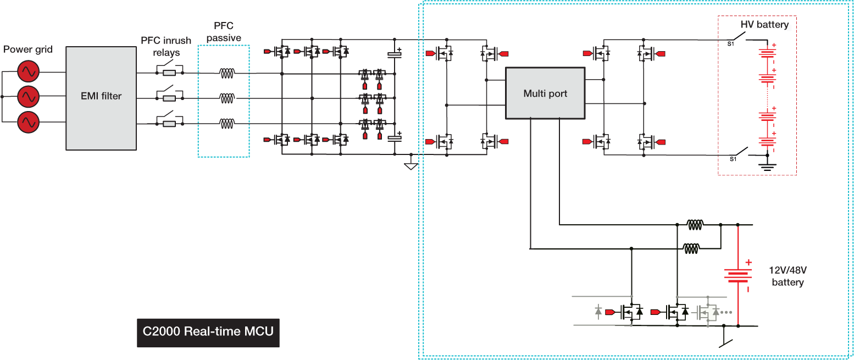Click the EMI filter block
101,98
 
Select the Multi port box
545,93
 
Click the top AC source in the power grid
27,71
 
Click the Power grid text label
28,49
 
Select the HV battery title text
764,25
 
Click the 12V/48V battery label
788,277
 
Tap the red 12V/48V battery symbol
737,275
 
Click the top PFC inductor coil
227,72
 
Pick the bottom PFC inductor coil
227,123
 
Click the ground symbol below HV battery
767,165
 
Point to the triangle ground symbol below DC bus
410,165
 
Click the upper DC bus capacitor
394,54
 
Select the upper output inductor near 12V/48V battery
695,224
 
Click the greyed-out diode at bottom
598,312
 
